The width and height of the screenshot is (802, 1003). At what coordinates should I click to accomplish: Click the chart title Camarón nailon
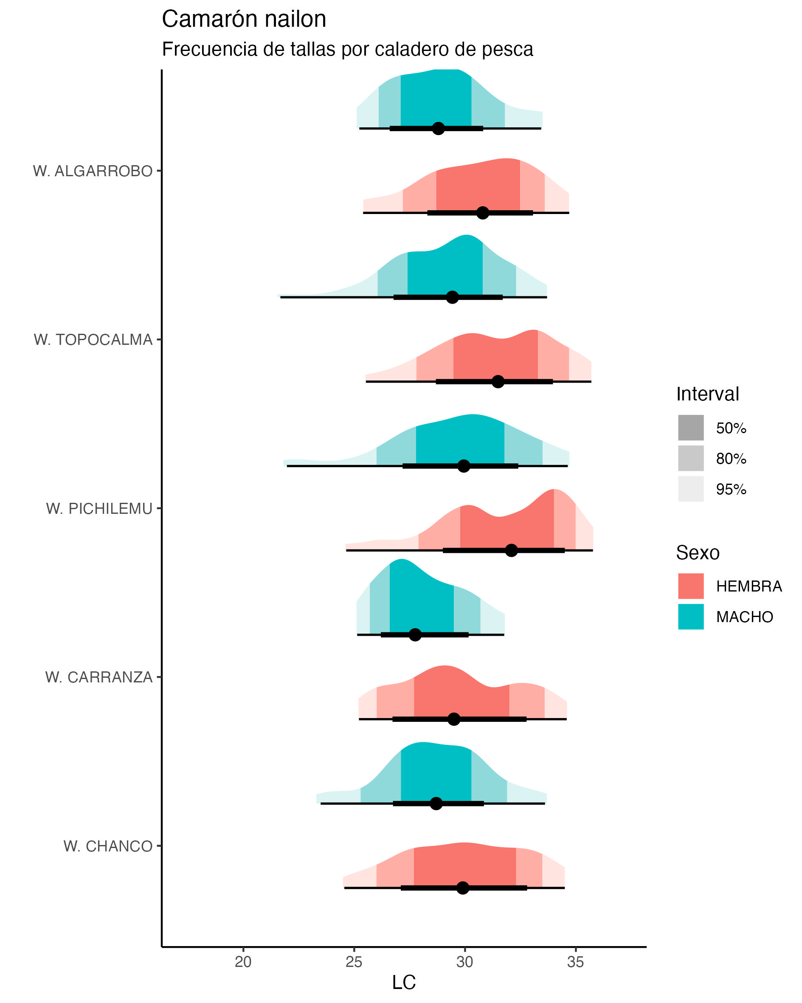pyautogui.click(x=243, y=20)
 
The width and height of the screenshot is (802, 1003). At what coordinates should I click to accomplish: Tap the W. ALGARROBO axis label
pyautogui.click(x=93, y=171)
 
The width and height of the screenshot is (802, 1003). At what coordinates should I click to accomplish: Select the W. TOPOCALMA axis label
pyautogui.click(x=93, y=340)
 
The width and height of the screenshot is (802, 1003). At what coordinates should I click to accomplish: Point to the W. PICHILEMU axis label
pyautogui.click(x=99, y=508)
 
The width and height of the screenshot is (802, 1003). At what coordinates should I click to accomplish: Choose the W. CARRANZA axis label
pyautogui.click(x=98, y=677)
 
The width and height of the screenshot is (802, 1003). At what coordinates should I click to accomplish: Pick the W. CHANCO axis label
pyautogui.click(x=108, y=846)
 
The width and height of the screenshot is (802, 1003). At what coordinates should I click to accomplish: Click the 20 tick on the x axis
pyautogui.click(x=243, y=961)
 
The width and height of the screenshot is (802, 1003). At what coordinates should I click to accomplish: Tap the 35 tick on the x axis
pyautogui.click(x=575, y=961)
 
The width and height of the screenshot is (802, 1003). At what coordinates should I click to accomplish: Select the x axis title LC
pyautogui.click(x=403, y=983)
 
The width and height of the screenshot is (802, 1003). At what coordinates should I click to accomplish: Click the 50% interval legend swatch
pyautogui.click(x=691, y=428)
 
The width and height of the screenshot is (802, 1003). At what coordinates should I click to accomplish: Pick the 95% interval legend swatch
pyautogui.click(x=691, y=489)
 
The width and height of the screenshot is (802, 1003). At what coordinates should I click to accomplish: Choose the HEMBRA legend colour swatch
pyautogui.click(x=691, y=586)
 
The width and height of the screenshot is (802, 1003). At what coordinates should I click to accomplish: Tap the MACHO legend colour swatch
pyautogui.click(x=691, y=617)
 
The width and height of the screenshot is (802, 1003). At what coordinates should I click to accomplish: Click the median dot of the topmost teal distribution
pyautogui.click(x=438, y=128)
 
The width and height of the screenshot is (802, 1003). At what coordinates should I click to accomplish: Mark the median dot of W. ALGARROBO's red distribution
pyautogui.click(x=483, y=213)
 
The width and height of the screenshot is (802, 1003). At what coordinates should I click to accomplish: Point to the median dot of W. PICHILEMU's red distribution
pyautogui.click(x=511, y=550)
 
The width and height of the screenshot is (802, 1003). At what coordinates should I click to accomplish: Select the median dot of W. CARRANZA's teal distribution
pyautogui.click(x=415, y=634)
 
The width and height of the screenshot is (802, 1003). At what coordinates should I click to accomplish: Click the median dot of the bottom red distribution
pyautogui.click(x=462, y=887)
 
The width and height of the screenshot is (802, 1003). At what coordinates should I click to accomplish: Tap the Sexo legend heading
pyautogui.click(x=697, y=553)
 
